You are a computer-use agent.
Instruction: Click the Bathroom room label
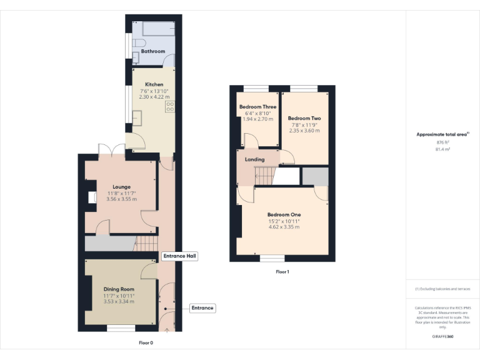pyautogui.click(x=152, y=51)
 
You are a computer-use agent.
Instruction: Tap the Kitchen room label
pyautogui.click(x=154, y=84)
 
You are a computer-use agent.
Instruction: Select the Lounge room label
pyautogui.click(x=121, y=186)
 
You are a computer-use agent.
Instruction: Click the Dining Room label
pyautogui.click(x=119, y=289)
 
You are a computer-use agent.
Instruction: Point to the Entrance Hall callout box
pyautogui.click(x=180, y=256)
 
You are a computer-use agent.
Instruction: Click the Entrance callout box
pyautogui.click(x=202, y=307)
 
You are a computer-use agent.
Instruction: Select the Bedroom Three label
pyautogui.click(x=257, y=107)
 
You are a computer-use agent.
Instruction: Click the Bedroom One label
pyautogui.click(x=284, y=214)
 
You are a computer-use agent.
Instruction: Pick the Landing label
pyautogui.click(x=255, y=159)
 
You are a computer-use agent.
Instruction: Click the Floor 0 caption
pyautogui.click(x=146, y=342)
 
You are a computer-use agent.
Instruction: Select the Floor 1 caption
pyautogui.click(x=282, y=272)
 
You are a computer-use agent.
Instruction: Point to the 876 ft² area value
pyautogui.click(x=442, y=142)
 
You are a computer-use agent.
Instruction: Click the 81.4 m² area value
pyautogui.click(x=442, y=149)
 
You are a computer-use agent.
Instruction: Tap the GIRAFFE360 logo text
pyautogui.click(x=442, y=336)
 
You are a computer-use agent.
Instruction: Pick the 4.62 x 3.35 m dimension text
pyautogui.click(x=284, y=227)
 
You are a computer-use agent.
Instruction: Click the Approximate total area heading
pyautogui.click(x=442, y=134)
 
